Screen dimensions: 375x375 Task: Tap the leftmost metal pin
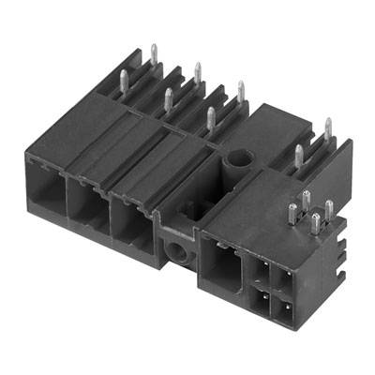125,82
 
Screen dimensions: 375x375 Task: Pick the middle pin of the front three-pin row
168,101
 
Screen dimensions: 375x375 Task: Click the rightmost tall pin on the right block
327,132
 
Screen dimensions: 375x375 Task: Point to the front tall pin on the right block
298,156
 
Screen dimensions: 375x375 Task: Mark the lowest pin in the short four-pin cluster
315,225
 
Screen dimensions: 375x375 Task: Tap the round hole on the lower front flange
176,248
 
